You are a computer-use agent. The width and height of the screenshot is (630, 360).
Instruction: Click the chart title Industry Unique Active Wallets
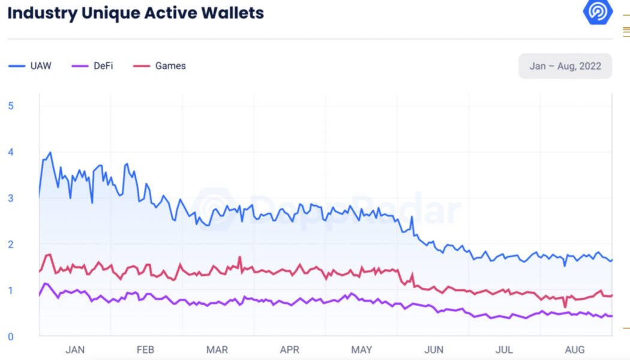pos(136,13)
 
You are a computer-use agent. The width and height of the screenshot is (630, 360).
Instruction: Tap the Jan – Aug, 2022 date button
pos(565,66)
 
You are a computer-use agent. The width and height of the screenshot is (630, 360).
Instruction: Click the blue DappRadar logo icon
pos(598,12)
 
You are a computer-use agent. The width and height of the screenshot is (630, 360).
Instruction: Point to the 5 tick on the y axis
pos(11,106)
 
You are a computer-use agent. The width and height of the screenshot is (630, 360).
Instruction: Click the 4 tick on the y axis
pos(11,152)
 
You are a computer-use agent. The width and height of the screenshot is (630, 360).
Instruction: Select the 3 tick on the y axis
pos(11,199)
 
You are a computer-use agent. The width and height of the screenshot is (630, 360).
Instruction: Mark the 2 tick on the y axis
pos(11,245)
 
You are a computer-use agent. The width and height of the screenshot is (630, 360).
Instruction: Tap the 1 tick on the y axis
pos(11,291)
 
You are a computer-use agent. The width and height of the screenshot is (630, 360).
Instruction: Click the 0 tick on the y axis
pos(11,337)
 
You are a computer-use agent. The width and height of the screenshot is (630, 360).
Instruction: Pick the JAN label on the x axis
pos(75,350)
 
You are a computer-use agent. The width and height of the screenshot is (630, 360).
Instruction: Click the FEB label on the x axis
pos(146,350)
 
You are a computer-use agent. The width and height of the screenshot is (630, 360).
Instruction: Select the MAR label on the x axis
pos(217,350)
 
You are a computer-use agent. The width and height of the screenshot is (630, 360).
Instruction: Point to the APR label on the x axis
pos(290,350)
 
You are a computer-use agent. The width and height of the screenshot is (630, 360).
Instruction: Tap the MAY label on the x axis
pos(361,350)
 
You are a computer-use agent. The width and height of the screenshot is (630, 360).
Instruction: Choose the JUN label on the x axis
pos(433,350)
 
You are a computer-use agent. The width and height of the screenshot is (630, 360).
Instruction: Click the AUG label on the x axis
pos(574,350)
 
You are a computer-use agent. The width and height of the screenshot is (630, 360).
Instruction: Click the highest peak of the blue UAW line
pos(50,152)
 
